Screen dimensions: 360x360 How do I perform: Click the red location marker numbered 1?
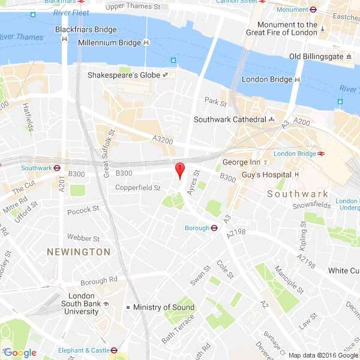178,170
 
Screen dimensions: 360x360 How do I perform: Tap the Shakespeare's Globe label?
124,76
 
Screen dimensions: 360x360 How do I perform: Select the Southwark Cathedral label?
229,119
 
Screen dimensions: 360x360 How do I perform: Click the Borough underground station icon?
214,228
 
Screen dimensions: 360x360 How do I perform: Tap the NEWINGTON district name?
79,252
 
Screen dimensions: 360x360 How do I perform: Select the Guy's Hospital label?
266,175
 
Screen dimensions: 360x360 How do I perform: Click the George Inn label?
241,163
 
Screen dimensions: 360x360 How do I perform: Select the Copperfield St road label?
138,188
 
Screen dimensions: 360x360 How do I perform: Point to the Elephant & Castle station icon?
113,350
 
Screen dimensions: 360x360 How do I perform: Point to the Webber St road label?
83,238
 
